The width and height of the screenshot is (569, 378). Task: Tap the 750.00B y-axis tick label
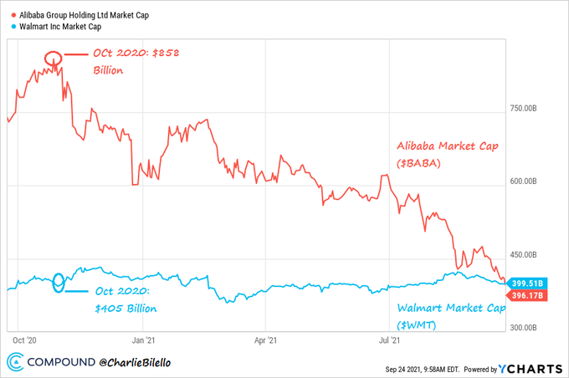tap(529, 109)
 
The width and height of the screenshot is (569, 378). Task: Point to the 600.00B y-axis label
tap(529, 181)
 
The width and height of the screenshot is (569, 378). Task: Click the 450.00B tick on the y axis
tap(529, 255)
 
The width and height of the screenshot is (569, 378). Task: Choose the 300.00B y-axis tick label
tap(529, 327)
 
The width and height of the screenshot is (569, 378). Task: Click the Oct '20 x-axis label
tap(24, 340)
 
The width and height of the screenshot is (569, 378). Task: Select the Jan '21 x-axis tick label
tap(143, 340)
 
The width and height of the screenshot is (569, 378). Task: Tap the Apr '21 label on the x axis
tap(265, 340)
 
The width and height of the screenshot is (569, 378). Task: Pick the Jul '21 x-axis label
tap(387, 340)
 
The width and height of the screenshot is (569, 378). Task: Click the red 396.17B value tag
tap(527, 294)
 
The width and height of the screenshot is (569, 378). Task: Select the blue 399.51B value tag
tap(527, 283)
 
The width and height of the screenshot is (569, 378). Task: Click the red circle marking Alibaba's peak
tap(53, 59)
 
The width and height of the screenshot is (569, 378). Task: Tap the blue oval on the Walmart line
tap(59, 281)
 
